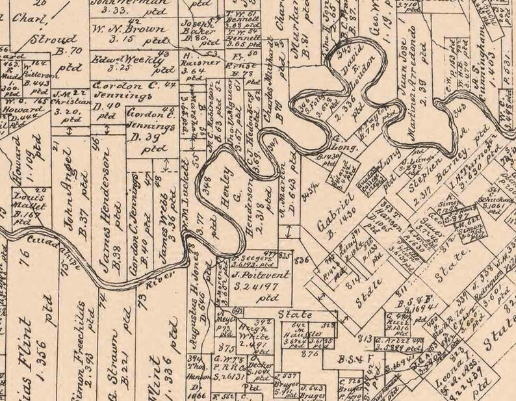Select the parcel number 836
coord(301,261)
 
